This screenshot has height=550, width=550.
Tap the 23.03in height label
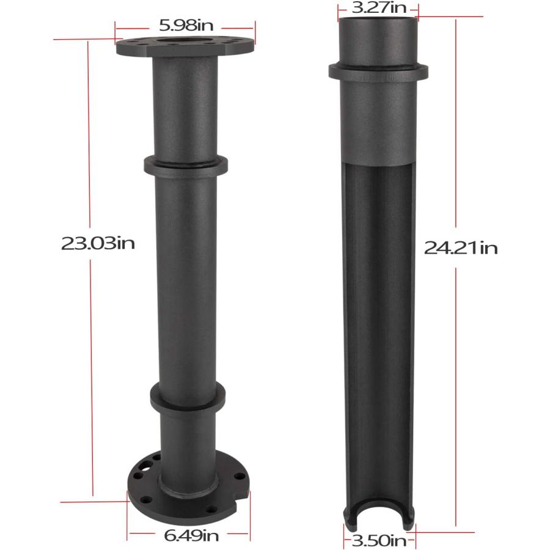pyautogui.click(x=97, y=243)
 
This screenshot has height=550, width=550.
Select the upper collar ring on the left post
pyautogui.click(x=186, y=164)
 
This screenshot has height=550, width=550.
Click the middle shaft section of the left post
pyautogui.click(x=186, y=275)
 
